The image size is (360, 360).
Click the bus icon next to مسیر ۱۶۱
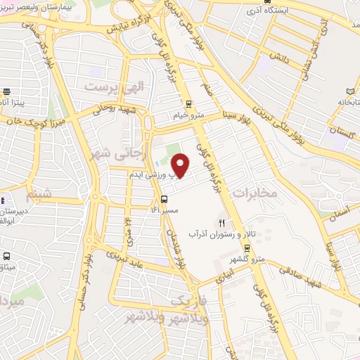click(164, 198)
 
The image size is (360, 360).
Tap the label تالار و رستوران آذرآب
click(224, 233)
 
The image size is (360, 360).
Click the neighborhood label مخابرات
click(255, 192)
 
